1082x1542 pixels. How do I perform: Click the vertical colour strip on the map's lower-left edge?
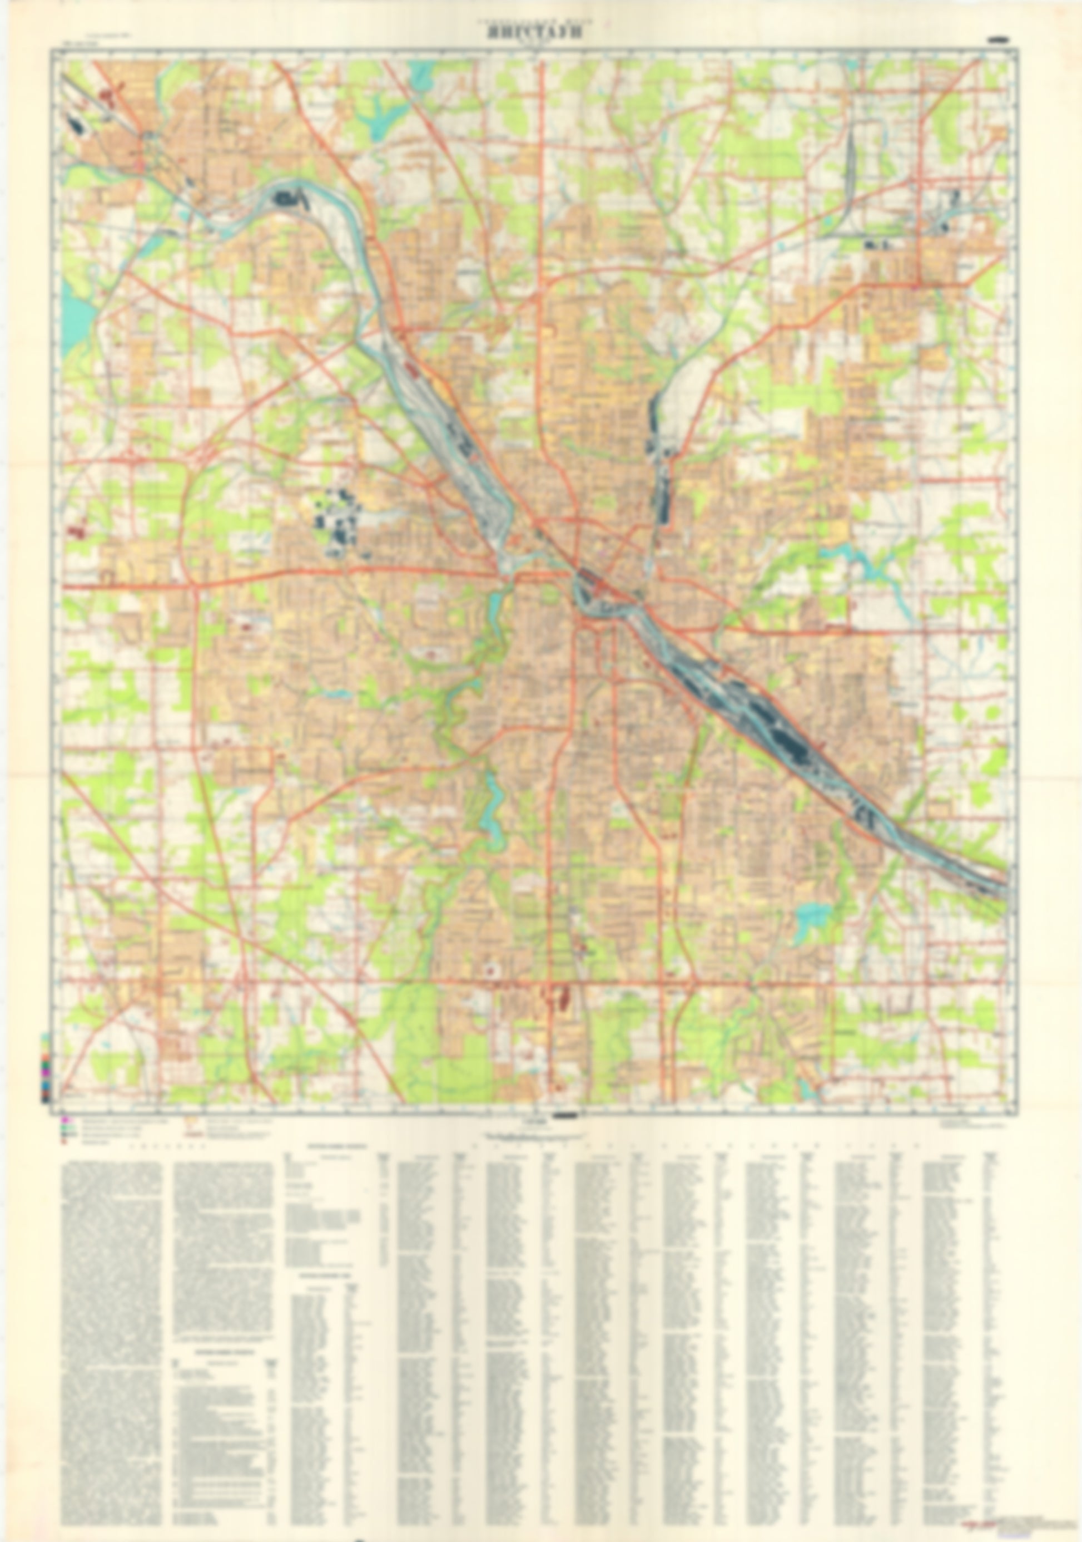click(45, 1068)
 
